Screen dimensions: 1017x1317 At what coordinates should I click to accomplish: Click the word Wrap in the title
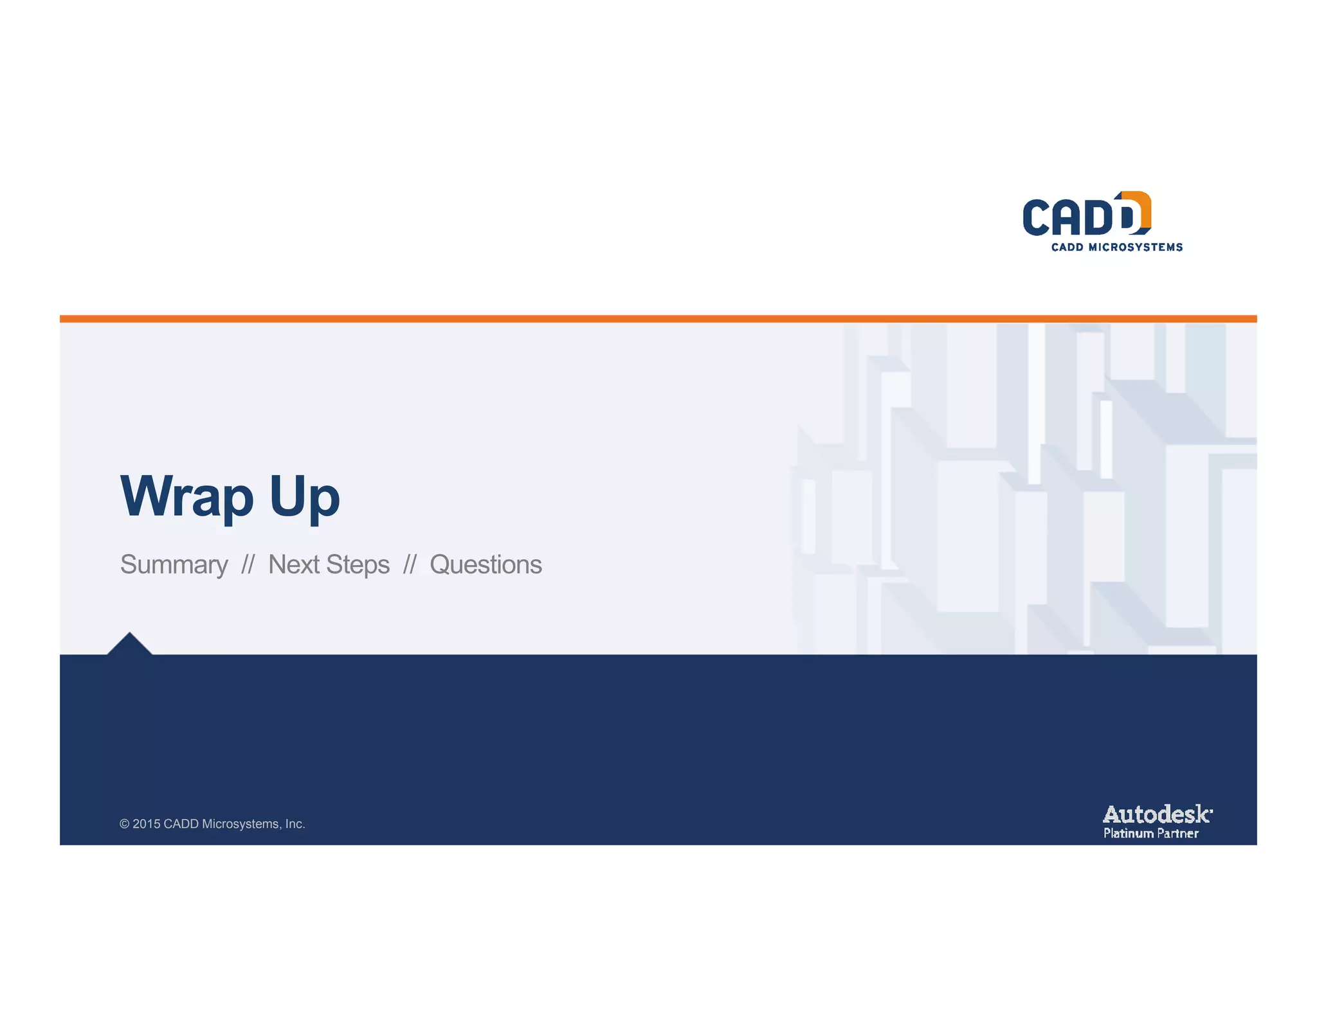click(186, 496)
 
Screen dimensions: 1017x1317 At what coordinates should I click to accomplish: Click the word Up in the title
click(304, 497)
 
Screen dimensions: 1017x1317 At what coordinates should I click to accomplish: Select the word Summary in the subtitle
click(174, 565)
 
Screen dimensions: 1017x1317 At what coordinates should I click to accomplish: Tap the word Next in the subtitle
click(294, 564)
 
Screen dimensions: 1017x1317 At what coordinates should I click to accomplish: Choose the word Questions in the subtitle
click(486, 565)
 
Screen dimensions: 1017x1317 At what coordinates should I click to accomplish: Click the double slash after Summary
click(248, 565)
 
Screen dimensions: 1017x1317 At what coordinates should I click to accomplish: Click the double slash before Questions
click(410, 565)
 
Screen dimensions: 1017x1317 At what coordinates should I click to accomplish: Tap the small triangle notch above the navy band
click(129, 645)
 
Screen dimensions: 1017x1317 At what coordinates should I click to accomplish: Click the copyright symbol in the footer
click(124, 824)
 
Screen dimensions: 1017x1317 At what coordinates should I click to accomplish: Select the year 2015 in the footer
click(146, 824)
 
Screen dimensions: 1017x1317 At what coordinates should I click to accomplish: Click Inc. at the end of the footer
click(295, 824)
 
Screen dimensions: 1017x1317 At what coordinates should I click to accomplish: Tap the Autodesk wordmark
click(1157, 815)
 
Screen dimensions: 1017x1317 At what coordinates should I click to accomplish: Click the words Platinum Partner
click(1150, 834)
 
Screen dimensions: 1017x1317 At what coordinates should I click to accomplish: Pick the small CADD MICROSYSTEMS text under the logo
click(1116, 248)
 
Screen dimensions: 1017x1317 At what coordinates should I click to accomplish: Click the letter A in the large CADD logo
click(1067, 217)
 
